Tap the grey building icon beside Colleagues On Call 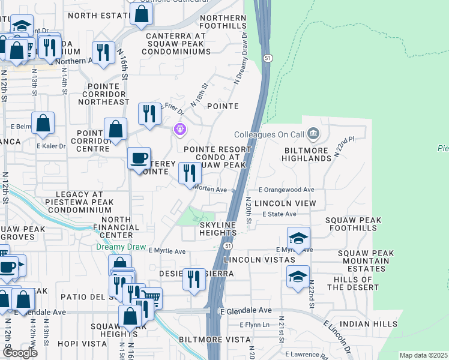(312, 133)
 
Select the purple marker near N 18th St (179, 129)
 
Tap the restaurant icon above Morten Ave (190, 173)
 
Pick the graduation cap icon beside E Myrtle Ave (298, 238)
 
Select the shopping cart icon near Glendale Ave (152, 297)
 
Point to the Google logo (19, 352)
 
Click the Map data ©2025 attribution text (423, 355)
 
